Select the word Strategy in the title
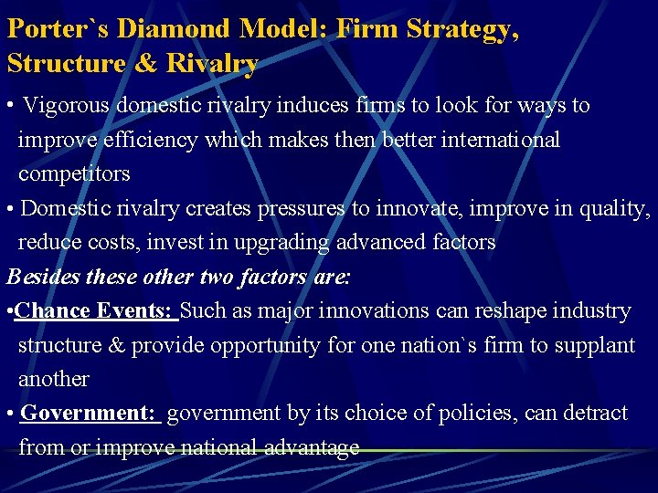pyautogui.click(x=462, y=28)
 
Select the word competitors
pyautogui.click(x=74, y=173)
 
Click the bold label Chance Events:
pyautogui.click(x=95, y=310)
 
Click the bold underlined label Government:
pyautogui.click(x=90, y=413)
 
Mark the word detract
pyautogui.click(x=593, y=413)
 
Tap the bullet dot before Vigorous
pyautogui.click(x=8, y=106)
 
